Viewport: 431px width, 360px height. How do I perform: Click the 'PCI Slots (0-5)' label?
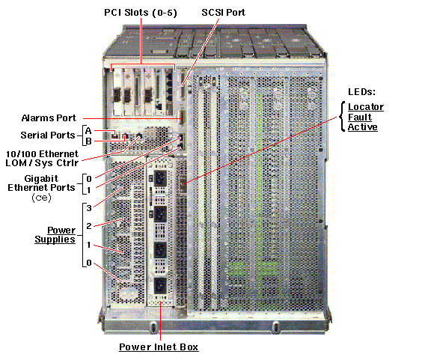140,13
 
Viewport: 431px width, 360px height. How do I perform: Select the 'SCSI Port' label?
223,13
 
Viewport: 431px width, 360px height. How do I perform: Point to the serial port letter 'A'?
88,130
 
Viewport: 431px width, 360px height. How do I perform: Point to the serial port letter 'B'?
88,141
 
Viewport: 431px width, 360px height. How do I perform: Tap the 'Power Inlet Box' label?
159,347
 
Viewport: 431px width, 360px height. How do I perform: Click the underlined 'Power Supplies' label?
56,235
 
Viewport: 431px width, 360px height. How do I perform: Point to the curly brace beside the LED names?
343,118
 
